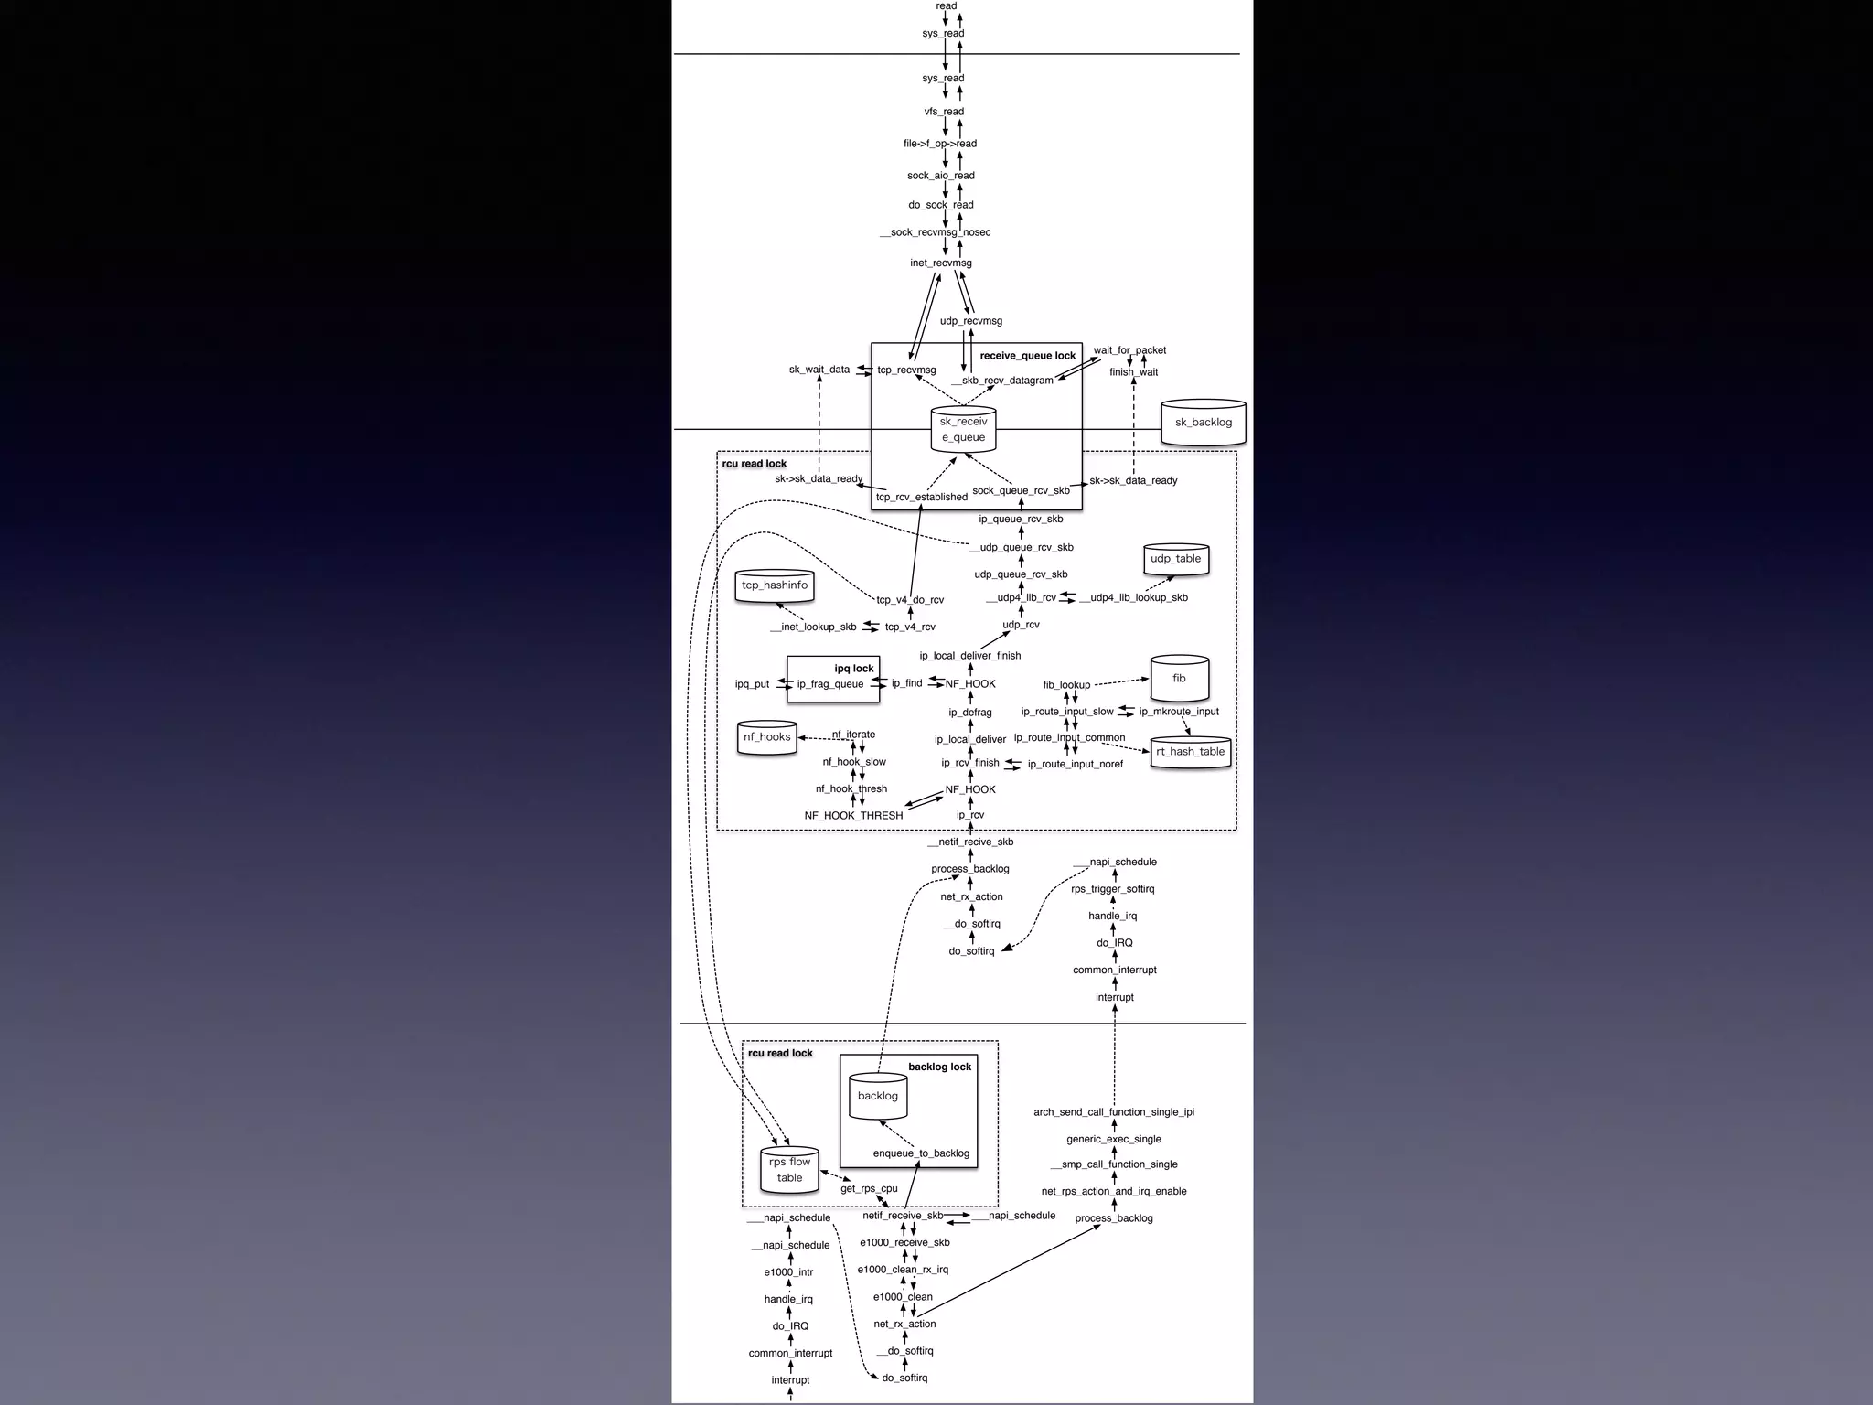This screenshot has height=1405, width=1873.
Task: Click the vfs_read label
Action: pyautogui.click(x=943, y=112)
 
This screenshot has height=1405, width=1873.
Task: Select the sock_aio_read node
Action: pyautogui.click(x=940, y=176)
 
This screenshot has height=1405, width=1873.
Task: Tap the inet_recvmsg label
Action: pyautogui.click(x=940, y=263)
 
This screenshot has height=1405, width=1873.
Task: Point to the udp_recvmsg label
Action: pyautogui.click(x=970, y=321)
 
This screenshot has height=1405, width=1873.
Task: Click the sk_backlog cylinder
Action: pyautogui.click(x=1203, y=423)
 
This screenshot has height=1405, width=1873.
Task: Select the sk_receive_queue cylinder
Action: pyautogui.click(x=963, y=430)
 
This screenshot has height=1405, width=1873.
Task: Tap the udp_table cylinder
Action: pyautogui.click(x=1175, y=559)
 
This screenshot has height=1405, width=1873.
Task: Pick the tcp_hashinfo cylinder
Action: pyautogui.click(x=775, y=585)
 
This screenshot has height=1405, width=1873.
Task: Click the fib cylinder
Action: pyautogui.click(x=1179, y=679)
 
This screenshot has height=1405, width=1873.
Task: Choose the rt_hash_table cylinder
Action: pyautogui.click(x=1190, y=752)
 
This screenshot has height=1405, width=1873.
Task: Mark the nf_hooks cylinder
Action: pyautogui.click(x=766, y=737)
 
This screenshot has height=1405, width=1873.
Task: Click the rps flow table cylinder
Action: pyautogui.click(x=789, y=1170)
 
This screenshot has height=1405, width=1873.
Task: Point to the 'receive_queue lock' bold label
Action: pyautogui.click(x=1027, y=356)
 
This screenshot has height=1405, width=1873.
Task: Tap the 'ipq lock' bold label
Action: pyautogui.click(x=853, y=669)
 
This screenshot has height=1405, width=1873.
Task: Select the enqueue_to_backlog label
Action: pyautogui.click(x=921, y=1153)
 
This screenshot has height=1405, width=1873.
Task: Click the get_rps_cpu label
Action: pyautogui.click(x=869, y=1189)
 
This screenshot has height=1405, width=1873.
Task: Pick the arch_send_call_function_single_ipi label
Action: pyautogui.click(x=1113, y=1112)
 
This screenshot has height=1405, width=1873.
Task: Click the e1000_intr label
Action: pyautogui.click(x=788, y=1272)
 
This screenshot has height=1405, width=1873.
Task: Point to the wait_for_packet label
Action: pyautogui.click(x=1129, y=350)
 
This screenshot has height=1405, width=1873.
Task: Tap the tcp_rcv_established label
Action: pyautogui.click(x=921, y=498)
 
